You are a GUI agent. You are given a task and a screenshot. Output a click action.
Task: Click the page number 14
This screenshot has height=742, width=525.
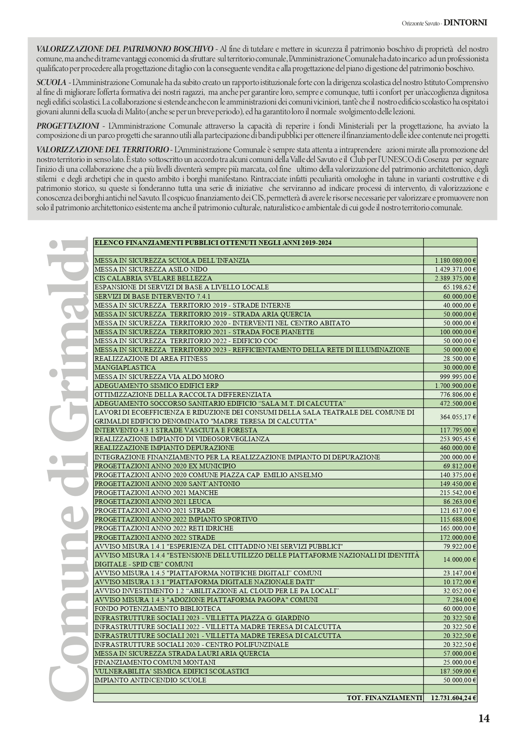[x=484, y=718]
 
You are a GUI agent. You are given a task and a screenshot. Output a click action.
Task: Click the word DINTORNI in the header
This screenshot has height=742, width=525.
[x=465, y=23]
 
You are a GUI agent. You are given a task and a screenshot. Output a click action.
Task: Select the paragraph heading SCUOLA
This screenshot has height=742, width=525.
[x=51, y=82]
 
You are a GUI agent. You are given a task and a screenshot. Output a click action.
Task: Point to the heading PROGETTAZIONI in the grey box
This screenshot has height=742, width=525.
[x=67, y=126]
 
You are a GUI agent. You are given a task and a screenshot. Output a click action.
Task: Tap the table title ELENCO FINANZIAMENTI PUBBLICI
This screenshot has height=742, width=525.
[x=213, y=242]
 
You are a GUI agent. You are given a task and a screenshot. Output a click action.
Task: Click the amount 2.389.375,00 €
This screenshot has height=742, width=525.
[x=455, y=278]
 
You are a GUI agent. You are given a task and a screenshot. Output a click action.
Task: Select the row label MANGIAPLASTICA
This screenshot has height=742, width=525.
[x=125, y=368]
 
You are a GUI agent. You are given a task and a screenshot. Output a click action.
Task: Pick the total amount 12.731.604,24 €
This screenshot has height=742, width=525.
[x=453, y=698]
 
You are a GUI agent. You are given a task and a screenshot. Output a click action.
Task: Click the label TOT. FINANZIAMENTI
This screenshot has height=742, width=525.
[x=384, y=698]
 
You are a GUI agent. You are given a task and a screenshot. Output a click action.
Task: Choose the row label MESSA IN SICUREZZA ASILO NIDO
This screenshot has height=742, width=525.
[x=151, y=269]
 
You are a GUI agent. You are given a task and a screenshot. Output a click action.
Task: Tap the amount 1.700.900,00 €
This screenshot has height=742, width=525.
[x=455, y=386]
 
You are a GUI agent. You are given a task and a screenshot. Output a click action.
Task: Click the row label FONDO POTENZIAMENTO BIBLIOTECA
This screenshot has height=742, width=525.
[x=158, y=609]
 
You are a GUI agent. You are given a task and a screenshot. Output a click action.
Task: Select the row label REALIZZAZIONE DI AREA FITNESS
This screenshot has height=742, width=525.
[x=151, y=359]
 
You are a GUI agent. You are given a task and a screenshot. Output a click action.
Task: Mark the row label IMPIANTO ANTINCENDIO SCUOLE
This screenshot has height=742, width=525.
[x=150, y=680]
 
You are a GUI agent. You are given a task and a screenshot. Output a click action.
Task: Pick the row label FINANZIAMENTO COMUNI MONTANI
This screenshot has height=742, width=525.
[x=155, y=662]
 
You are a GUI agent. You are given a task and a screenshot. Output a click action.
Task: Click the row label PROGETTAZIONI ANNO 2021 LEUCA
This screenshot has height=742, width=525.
[x=153, y=502]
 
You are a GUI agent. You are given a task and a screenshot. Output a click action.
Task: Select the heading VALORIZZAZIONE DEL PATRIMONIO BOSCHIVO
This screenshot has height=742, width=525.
[x=125, y=49]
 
